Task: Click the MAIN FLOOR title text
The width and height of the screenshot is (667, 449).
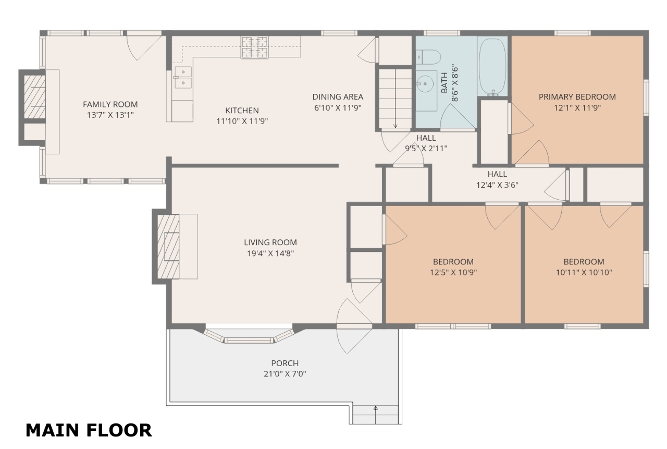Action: tap(89, 430)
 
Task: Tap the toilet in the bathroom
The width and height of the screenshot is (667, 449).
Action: tap(428, 57)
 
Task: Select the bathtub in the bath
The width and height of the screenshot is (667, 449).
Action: tap(492, 67)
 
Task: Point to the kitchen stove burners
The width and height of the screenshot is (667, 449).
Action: tap(254, 47)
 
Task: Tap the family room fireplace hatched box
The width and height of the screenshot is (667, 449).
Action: tap(34, 97)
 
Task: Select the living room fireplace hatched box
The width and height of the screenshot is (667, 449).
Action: tap(168, 246)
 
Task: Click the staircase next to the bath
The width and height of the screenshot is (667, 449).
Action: tap(395, 99)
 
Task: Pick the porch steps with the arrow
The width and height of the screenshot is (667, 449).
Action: tap(376, 415)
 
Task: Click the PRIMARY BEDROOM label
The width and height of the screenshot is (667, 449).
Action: tap(577, 97)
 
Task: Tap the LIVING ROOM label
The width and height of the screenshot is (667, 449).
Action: tap(270, 242)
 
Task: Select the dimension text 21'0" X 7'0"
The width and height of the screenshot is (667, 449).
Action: tap(285, 373)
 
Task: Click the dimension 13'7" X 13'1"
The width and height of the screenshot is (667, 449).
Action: tap(110, 115)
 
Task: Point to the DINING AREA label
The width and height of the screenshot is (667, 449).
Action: tap(338, 97)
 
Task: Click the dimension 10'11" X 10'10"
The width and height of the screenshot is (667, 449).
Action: tap(584, 272)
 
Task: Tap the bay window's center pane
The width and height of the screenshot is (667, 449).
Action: tap(249, 340)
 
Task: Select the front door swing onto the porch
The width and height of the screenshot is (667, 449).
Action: tap(354, 326)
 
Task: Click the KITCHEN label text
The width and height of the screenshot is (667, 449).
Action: tap(242, 111)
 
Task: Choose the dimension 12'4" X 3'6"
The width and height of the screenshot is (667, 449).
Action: tap(497, 185)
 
